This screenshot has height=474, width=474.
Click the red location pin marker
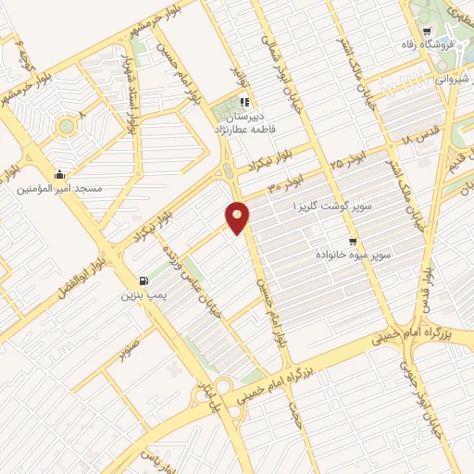(238, 218)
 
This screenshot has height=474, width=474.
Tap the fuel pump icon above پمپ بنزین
(142, 281)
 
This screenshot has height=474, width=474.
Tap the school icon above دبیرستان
(243, 102)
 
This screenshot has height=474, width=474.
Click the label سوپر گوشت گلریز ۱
(331, 205)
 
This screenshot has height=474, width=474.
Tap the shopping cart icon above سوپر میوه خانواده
(352, 238)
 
